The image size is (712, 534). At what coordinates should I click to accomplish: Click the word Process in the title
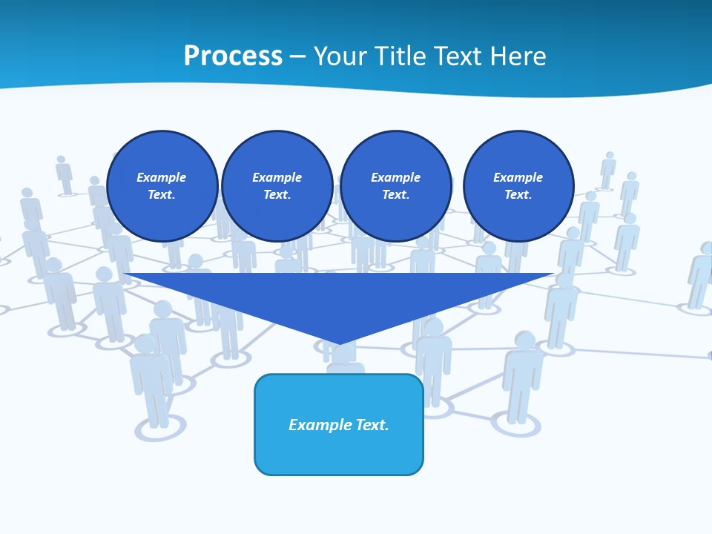[233, 56]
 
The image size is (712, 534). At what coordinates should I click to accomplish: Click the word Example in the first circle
[162, 177]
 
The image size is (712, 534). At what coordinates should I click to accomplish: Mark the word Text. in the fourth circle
[518, 194]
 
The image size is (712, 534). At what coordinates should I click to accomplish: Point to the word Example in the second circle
[277, 177]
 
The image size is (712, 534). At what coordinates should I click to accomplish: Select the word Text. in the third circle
[395, 194]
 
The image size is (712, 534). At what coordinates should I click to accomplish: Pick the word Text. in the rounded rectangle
[372, 425]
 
